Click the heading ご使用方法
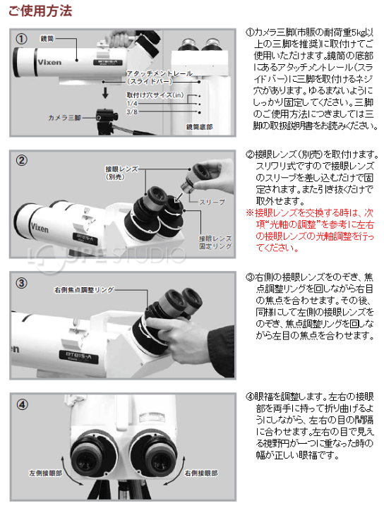(40, 11)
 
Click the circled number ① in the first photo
(22, 40)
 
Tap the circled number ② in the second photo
(22, 160)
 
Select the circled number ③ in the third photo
(22, 283)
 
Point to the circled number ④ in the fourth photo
(22, 404)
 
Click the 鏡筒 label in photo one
(47, 39)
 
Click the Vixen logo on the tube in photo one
(49, 62)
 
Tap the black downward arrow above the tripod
(105, 92)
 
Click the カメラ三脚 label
(64, 118)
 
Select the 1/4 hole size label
(132, 104)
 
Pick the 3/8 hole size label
(132, 112)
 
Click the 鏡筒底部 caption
(199, 127)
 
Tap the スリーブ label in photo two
(212, 202)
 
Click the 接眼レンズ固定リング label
(215, 242)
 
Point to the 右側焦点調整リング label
(84, 290)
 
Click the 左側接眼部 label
(45, 473)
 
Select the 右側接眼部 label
(201, 473)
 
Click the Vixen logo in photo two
(40, 228)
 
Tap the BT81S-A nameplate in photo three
(79, 356)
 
